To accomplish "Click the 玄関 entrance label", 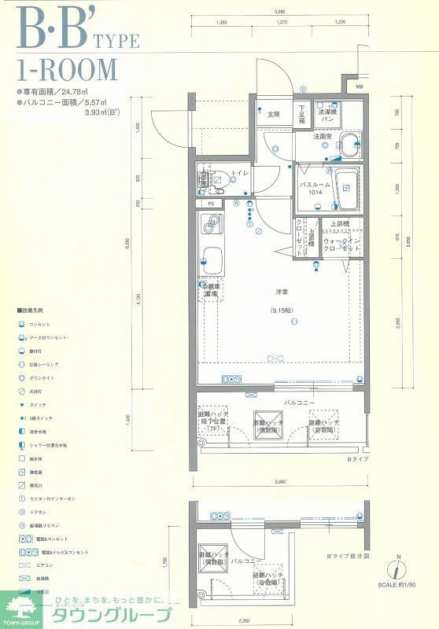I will [x=273, y=114].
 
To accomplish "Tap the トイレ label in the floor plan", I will [x=239, y=172].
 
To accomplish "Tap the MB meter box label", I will [x=359, y=86].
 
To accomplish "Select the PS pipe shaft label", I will [x=211, y=204].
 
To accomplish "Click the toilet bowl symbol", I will [x=221, y=178].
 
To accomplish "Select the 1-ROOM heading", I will [x=66, y=70].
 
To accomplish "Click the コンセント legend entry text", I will [x=39, y=324].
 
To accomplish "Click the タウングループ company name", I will [x=110, y=614].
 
